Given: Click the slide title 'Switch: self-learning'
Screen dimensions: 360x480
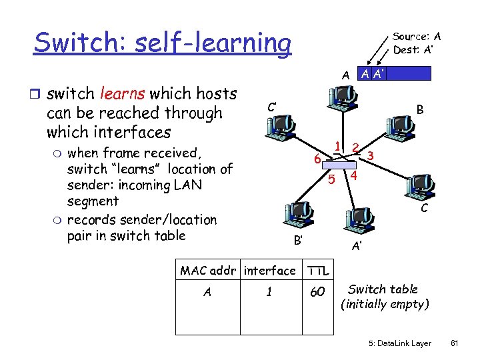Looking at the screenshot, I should tap(162, 43).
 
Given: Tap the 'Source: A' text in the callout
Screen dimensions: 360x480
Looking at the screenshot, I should tap(417, 37).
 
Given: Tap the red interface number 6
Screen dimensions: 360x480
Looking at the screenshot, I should tap(319, 159).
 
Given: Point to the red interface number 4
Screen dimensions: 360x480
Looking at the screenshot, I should tap(354, 176).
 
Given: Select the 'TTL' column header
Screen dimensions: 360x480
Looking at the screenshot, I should tap(317, 271).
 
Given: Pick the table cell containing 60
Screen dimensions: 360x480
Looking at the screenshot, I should tap(317, 293).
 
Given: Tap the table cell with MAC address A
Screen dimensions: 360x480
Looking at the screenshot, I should tap(208, 293).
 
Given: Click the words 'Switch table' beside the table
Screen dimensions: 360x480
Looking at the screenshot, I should tap(383, 289).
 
